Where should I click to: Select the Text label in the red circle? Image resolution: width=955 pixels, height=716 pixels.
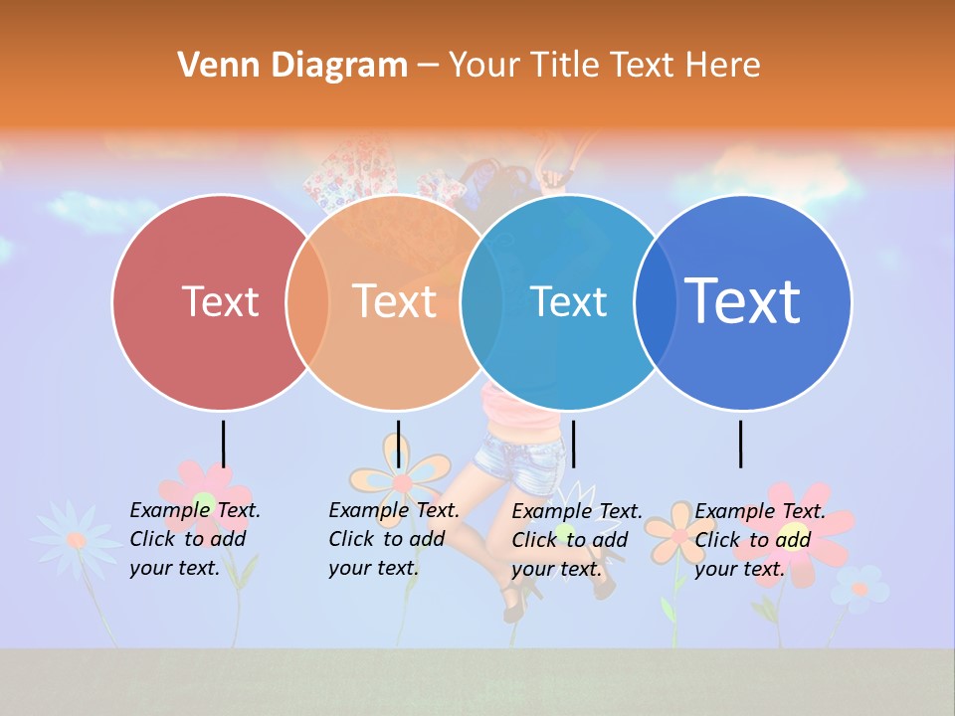[220, 301]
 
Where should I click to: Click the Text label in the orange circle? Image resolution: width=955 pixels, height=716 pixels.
[395, 301]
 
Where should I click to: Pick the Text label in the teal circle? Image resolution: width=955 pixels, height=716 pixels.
[568, 301]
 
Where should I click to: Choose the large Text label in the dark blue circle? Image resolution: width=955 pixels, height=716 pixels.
[742, 300]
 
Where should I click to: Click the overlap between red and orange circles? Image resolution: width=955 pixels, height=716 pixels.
[307, 302]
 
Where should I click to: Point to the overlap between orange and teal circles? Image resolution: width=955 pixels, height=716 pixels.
[481, 302]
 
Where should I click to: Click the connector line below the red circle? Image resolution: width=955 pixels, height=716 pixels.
[224, 444]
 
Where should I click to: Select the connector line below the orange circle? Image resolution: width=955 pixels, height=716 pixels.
[398, 444]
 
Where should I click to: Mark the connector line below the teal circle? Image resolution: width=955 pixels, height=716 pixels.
[573, 444]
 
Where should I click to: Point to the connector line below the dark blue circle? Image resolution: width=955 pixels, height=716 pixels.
[741, 444]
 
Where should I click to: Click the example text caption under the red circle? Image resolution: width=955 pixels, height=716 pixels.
[194, 539]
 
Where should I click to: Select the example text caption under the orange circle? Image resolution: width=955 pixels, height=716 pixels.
[393, 539]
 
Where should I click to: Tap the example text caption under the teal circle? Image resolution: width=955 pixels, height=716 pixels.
[576, 540]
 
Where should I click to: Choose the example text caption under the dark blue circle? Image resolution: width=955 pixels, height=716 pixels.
[759, 540]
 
